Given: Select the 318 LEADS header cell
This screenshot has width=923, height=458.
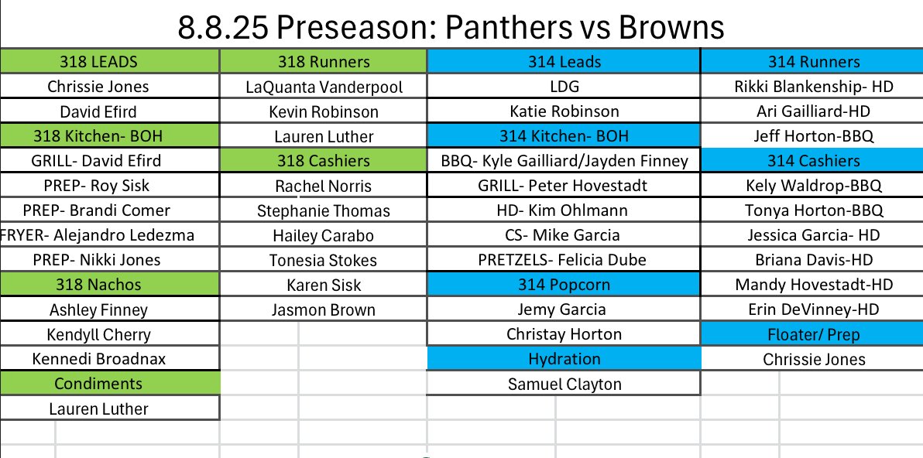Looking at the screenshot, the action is [x=109, y=61].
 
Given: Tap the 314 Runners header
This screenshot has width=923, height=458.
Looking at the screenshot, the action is [x=812, y=61].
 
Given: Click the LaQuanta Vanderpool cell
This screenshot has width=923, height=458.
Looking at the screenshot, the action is [x=323, y=87].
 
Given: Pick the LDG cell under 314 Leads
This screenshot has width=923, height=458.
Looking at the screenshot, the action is [x=564, y=87].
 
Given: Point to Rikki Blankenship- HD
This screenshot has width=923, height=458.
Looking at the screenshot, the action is [x=812, y=87].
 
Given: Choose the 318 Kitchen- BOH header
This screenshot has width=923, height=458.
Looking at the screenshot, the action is [x=109, y=136].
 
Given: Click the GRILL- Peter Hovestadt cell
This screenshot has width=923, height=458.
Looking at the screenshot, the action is [x=564, y=185].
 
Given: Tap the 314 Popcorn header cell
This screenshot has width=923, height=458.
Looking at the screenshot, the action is [x=564, y=285].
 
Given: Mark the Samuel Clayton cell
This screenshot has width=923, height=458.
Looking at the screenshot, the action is [x=564, y=384].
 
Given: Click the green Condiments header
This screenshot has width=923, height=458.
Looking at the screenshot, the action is [x=109, y=383].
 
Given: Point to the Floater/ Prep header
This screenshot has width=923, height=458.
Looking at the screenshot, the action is [x=812, y=334].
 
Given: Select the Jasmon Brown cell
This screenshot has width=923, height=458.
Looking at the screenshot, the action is [x=323, y=309].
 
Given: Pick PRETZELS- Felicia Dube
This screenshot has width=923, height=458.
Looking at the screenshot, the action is [x=564, y=259].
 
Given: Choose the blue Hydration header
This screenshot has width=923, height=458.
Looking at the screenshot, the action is [x=564, y=359].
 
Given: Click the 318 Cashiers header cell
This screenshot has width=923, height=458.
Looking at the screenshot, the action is [x=323, y=160].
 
